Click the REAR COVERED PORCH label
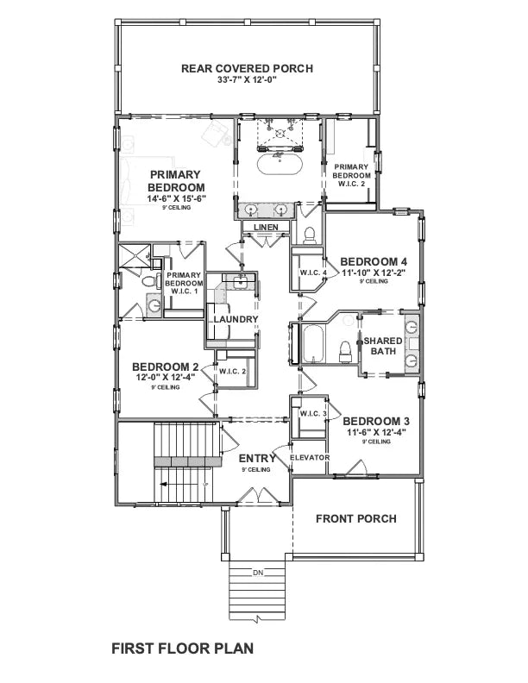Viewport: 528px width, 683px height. coord(246,68)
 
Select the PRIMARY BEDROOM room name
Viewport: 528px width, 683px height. coord(176,180)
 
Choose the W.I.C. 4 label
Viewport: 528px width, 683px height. coord(312,273)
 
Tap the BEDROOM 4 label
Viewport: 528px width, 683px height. coord(373,260)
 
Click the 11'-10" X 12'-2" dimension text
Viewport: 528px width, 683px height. coord(373,273)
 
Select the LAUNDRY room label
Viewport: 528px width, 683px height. coord(236,320)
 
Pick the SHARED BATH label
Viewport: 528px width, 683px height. coord(382,345)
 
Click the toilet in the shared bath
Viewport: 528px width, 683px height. coord(346,349)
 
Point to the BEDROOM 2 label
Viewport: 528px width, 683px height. coord(166,366)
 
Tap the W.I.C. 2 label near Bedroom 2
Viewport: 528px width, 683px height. coord(233,372)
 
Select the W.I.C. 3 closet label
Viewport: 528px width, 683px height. coord(312,414)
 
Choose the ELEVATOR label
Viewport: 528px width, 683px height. coord(310,457)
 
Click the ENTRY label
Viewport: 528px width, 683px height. coord(257,458)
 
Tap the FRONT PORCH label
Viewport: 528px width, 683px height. coord(355,518)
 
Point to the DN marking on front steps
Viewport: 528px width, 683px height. coord(256,572)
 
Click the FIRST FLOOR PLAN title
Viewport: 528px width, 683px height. coord(182,647)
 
